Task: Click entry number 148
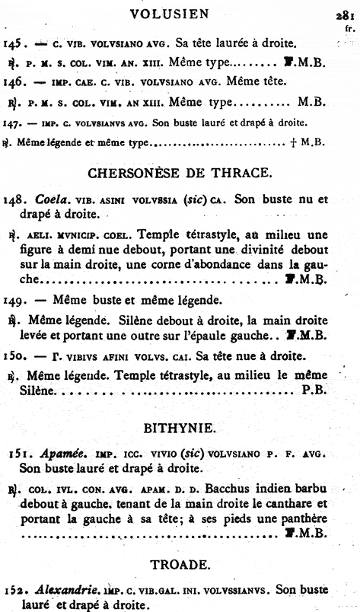tap(16, 200)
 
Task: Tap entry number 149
tap(16, 298)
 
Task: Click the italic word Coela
tap(50, 200)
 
